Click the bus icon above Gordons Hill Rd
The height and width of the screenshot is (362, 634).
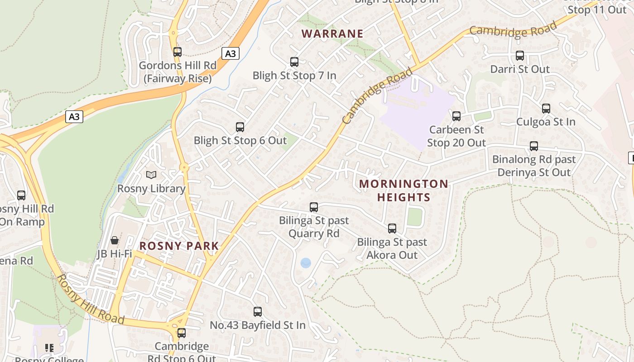[x=177, y=52]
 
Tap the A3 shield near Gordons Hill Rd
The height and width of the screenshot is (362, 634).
[x=231, y=53]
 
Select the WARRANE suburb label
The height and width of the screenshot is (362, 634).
[x=332, y=33]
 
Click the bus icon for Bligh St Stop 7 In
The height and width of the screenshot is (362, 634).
[x=294, y=62]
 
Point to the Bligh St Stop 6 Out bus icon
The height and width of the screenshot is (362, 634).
[x=240, y=127]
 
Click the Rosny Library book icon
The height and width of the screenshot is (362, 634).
[x=151, y=175]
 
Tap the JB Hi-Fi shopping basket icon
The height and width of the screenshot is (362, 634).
[x=115, y=240]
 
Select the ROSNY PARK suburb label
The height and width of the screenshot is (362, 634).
[x=179, y=246]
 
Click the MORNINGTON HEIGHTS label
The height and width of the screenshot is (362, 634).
[x=403, y=191]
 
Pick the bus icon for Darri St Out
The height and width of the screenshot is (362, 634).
[x=520, y=56]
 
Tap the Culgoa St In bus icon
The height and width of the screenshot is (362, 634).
[x=546, y=109]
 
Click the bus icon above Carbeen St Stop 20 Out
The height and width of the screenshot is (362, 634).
[x=456, y=116]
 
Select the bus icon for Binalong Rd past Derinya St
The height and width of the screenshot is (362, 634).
[x=534, y=146]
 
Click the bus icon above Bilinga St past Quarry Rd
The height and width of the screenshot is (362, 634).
[x=314, y=207]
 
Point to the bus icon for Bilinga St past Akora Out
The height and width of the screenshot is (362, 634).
[x=392, y=229]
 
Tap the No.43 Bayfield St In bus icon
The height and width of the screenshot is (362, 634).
[x=258, y=312]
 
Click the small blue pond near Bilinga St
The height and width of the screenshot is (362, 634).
[x=306, y=263]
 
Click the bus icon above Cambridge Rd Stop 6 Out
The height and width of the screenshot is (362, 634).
[x=182, y=333]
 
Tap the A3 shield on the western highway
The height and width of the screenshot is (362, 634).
[x=74, y=117]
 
